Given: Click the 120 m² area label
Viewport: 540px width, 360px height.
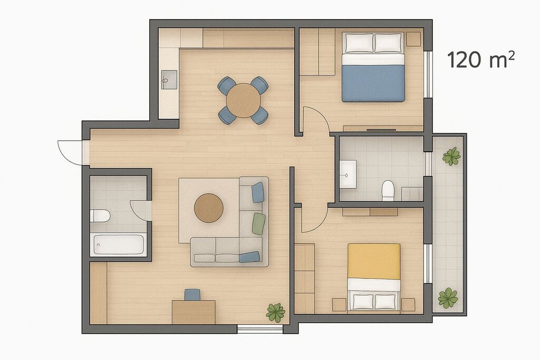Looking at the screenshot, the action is point(481,59).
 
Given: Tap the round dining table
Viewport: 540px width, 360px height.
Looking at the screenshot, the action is point(244,101).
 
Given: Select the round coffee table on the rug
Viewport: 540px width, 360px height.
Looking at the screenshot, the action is point(209,208).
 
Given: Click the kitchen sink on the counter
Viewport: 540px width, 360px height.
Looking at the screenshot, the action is point(169,80).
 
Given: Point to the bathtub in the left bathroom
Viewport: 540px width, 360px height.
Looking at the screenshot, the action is point(118,245).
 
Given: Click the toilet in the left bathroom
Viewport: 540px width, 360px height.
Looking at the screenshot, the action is point(100,216).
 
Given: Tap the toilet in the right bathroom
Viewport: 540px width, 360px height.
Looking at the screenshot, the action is point(388,190).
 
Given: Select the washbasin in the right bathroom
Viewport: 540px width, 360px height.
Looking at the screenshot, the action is point(348,174).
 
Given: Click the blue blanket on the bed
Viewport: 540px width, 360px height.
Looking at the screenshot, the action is point(373,83).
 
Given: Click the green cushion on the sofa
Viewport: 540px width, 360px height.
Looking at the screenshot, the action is point(259,223).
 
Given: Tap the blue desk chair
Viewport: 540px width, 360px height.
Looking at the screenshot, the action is point(192,295).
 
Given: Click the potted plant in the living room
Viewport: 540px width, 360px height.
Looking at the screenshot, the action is point(275,313).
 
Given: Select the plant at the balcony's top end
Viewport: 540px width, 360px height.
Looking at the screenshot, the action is point(451,156).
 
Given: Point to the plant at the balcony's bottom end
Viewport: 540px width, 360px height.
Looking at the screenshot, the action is point(448,298).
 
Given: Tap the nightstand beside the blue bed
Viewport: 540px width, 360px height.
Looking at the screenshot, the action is point(413,39).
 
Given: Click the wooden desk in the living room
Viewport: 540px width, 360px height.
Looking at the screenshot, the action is point(194,312).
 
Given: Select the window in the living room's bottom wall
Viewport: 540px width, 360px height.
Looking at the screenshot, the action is point(260,329).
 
